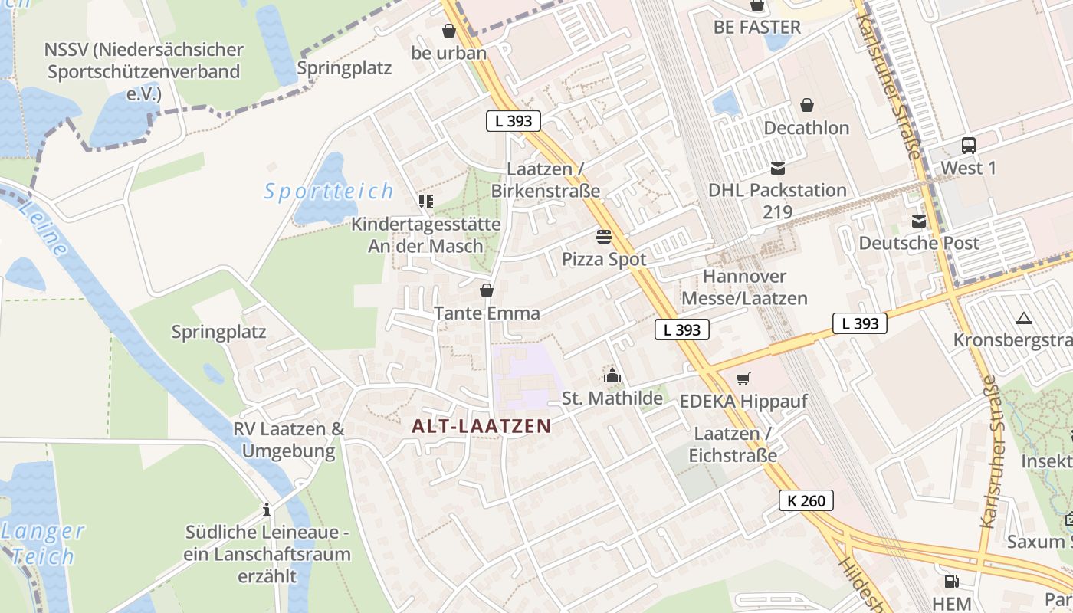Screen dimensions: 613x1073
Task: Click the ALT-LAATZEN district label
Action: pyautogui.click(x=481, y=426)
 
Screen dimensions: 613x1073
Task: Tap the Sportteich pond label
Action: pyautogui.click(x=329, y=191)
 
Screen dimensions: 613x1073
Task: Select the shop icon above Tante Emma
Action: pyautogui.click(x=487, y=290)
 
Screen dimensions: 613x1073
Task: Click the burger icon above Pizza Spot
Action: pyautogui.click(x=604, y=236)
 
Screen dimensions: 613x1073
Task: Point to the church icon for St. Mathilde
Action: pyautogui.click(x=612, y=375)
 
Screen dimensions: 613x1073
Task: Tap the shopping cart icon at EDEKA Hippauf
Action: pyautogui.click(x=743, y=379)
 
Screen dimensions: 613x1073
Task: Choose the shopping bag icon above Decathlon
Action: pyautogui.click(x=806, y=105)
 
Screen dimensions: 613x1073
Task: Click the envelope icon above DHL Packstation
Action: pyautogui.click(x=778, y=168)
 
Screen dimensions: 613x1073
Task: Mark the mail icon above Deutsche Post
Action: pyautogui.click(x=918, y=221)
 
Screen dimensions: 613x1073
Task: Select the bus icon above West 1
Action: pyautogui.click(x=969, y=145)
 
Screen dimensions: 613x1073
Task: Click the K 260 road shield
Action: pyautogui.click(x=806, y=501)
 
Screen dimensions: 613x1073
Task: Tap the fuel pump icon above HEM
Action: pyautogui.click(x=951, y=582)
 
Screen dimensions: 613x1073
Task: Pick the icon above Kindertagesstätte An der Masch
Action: pyautogui.click(x=425, y=202)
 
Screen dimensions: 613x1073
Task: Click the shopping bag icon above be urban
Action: pyautogui.click(x=448, y=31)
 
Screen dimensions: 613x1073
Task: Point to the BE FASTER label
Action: pyautogui.click(x=756, y=28)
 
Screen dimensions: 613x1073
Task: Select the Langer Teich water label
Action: pyautogui.click(x=43, y=543)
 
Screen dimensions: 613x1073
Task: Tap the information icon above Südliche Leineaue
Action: pyautogui.click(x=267, y=510)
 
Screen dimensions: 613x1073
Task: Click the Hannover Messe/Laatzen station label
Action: pyautogui.click(x=744, y=287)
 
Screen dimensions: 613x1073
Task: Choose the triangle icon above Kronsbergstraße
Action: pyautogui.click(x=1023, y=318)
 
